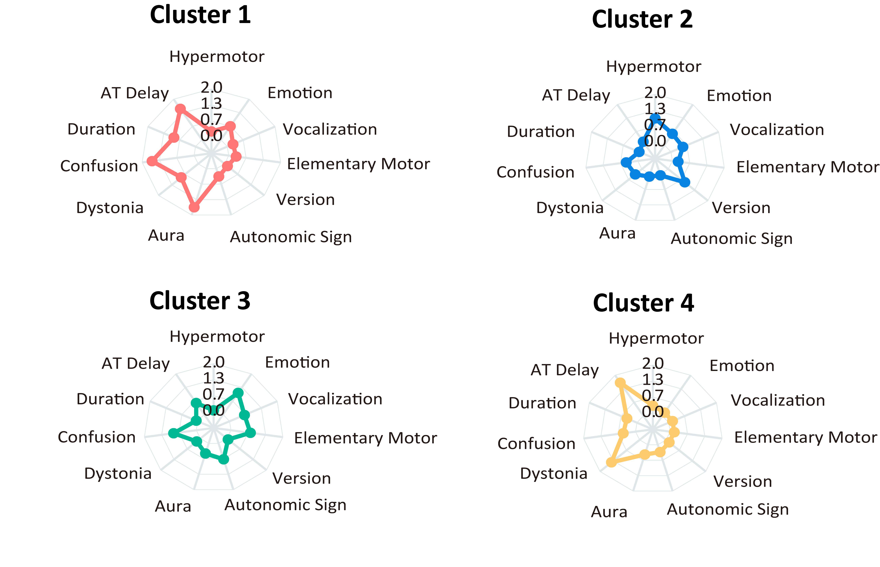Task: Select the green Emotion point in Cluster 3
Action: pos(238,393)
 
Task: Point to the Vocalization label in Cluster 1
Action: pos(330,129)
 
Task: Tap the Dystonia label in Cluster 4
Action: pos(553,474)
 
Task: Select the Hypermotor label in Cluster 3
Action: pos(217,337)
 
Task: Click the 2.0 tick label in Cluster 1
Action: pos(211,88)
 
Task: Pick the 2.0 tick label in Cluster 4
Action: pos(653,364)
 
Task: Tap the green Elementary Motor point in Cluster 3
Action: pos(250,433)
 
